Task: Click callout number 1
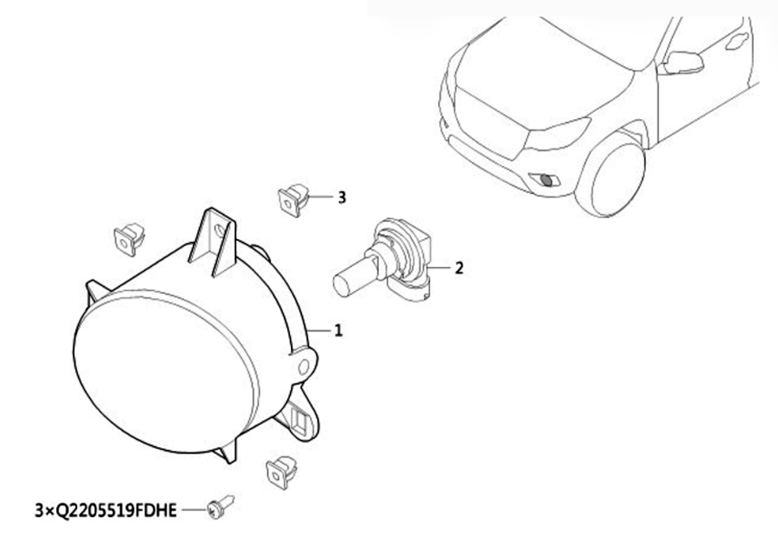point(338,330)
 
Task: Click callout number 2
point(459,268)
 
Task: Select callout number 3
point(342,198)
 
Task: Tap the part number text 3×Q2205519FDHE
point(106,510)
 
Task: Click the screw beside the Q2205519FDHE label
point(220,507)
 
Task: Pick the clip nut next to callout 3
point(293,199)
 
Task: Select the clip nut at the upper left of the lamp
point(129,239)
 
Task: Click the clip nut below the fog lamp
point(282,472)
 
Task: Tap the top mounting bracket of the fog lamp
point(212,242)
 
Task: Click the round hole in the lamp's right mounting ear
point(303,367)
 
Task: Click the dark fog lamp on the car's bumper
point(546,180)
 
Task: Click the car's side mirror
point(684,62)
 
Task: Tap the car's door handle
point(738,41)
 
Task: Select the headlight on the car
point(557,134)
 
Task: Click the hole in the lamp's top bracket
point(219,230)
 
